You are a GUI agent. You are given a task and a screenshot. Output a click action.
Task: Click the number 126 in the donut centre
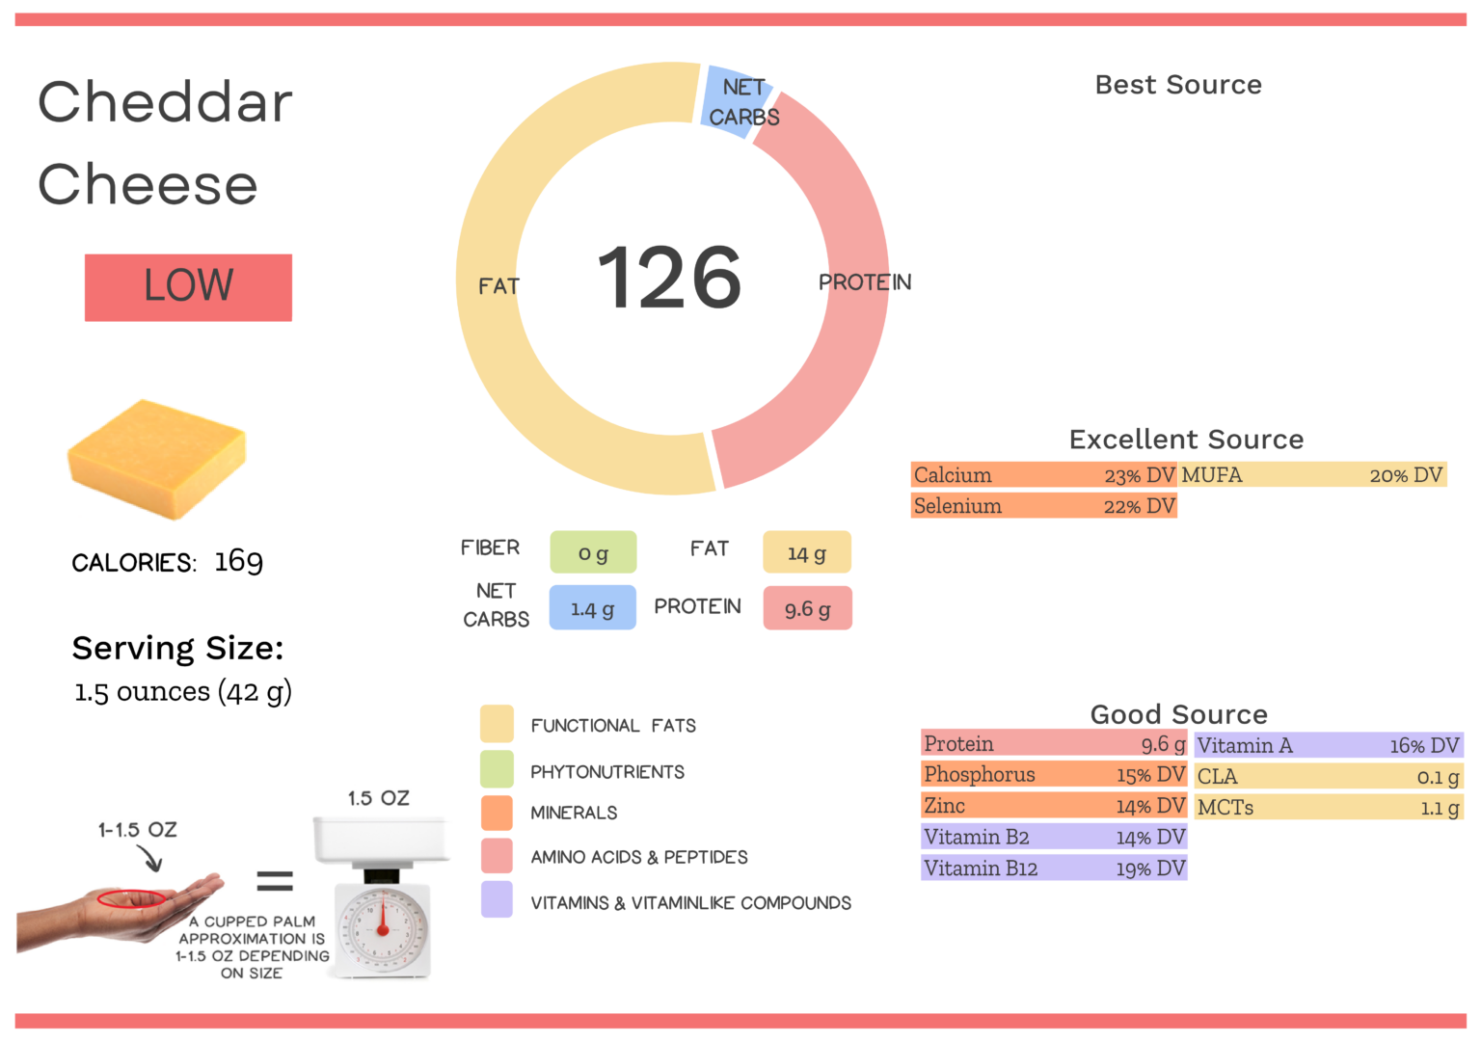tap(669, 278)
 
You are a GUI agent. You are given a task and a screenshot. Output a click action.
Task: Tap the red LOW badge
tap(188, 287)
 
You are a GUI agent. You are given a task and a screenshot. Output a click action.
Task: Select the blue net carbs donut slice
tap(735, 100)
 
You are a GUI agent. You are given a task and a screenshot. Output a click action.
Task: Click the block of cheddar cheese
tap(157, 459)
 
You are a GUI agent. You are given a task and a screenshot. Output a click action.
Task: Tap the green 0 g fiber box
tap(593, 553)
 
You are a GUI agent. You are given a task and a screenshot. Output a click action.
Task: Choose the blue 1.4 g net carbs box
tap(592, 608)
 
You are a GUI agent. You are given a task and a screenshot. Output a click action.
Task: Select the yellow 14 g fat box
tap(806, 553)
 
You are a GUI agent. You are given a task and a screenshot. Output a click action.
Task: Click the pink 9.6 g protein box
tap(807, 608)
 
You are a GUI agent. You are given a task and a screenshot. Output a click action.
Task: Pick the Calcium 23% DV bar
tap(1043, 475)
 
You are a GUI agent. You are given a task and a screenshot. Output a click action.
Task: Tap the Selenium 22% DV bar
tap(1043, 506)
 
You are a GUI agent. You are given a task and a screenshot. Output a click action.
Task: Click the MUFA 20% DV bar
tap(1313, 475)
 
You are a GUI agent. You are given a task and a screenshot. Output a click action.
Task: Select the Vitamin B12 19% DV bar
tap(1054, 868)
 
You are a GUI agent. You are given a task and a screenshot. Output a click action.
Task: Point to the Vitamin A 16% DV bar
tap(1329, 745)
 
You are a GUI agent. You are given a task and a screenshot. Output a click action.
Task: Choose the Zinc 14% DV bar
tap(1054, 806)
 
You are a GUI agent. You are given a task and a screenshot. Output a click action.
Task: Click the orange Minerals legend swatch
tap(497, 813)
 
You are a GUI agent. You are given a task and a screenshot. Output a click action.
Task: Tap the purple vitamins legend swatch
tap(497, 899)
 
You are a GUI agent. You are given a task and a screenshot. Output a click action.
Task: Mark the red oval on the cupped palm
tap(131, 899)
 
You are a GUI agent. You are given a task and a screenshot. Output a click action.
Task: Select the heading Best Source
tap(1178, 85)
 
